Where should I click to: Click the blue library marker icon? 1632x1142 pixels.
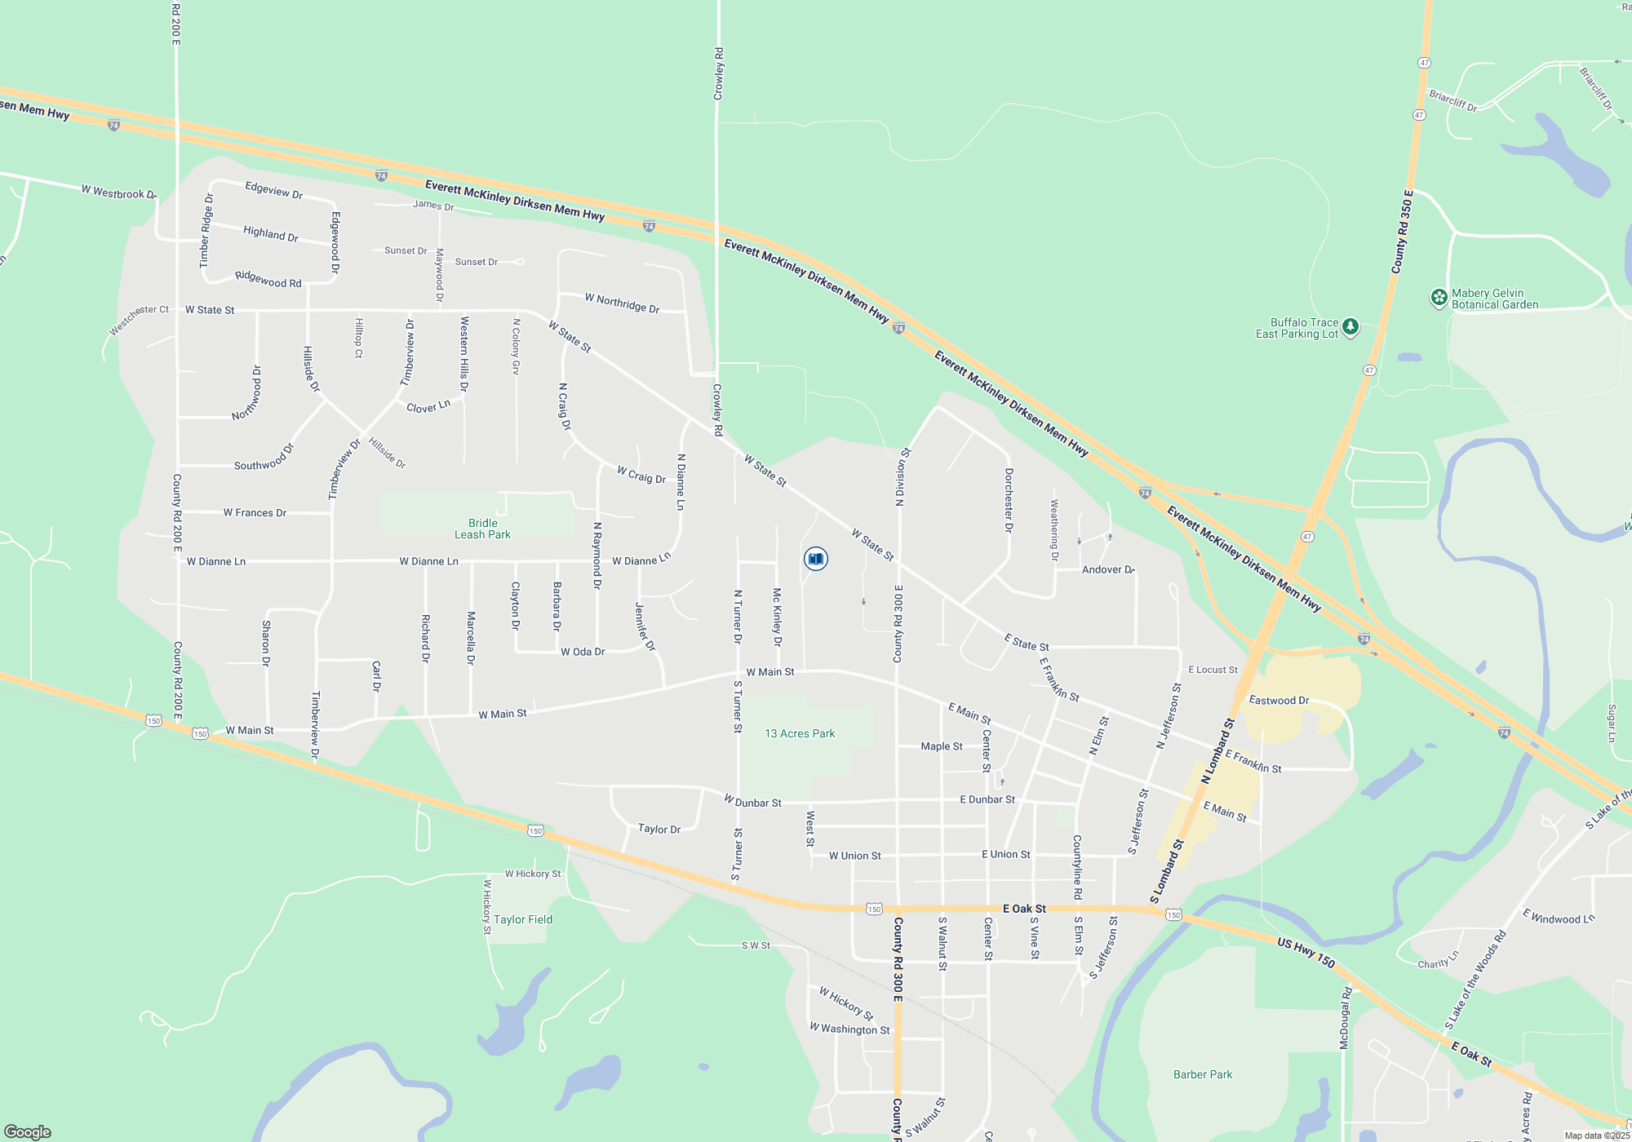pos(815,559)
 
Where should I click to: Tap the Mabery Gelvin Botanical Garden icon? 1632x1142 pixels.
pos(1439,299)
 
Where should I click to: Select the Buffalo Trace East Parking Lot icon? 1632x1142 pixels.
pos(1350,328)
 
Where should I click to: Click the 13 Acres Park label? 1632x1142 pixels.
pos(800,733)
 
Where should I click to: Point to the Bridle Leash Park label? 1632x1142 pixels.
pos(482,529)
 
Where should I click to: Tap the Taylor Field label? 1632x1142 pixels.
pos(523,919)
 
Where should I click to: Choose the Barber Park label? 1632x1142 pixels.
pos(1203,1074)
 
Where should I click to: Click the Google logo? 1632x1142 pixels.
pos(28,1132)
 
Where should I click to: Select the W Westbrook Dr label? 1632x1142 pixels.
pos(119,193)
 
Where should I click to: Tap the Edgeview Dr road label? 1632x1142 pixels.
pos(274,190)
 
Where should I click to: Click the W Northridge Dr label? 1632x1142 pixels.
pos(622,303)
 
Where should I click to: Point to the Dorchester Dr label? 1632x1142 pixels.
pos(1009,500)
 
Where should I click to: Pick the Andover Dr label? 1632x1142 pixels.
pos(1108,569)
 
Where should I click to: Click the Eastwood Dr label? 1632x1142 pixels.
pos(1279,701)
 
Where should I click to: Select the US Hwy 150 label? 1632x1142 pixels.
pos(1306,953)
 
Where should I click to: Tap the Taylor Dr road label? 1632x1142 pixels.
pos(659,829)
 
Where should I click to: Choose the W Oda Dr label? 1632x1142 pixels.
pos(583,652)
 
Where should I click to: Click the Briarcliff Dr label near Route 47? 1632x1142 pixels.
pos(1452,101)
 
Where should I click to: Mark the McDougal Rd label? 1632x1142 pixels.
pos(1346,1018)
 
